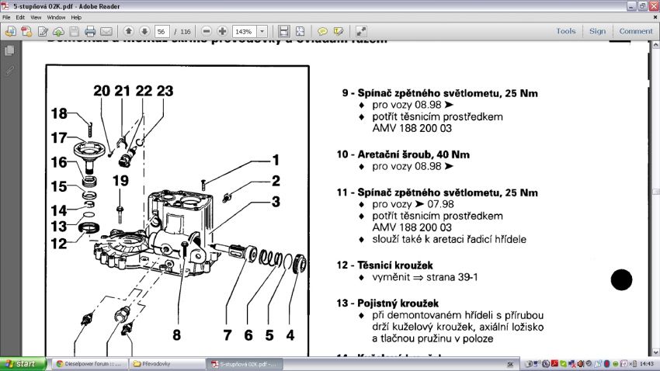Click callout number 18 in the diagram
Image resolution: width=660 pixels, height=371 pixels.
tap(60, 114)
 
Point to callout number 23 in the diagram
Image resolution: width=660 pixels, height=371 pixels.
tap(164, 91)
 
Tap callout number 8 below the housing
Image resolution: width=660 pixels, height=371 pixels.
tap(176, 335)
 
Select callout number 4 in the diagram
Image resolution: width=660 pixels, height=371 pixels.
tap(290, 335)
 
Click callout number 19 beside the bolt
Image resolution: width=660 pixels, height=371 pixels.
tap(120, 181)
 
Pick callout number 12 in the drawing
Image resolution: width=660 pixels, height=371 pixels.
tap(60, 244)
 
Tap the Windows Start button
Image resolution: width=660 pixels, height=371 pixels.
tap(21, 363)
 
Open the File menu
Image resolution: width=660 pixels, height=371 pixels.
tap(7, 17)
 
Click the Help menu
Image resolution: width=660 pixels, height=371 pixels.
tap(76, 17)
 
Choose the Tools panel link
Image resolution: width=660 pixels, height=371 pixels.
tap(566, 31)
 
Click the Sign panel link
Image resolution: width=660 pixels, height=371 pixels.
tap(597, 31)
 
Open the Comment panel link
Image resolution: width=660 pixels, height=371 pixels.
tap(636, 31)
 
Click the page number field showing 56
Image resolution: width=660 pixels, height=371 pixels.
tap(162, 32)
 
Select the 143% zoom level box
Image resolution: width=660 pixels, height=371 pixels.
tap(245, 32)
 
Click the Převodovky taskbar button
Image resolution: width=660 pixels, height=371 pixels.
tap(163, 363)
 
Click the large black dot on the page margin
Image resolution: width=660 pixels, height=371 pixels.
tap(621, 280)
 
